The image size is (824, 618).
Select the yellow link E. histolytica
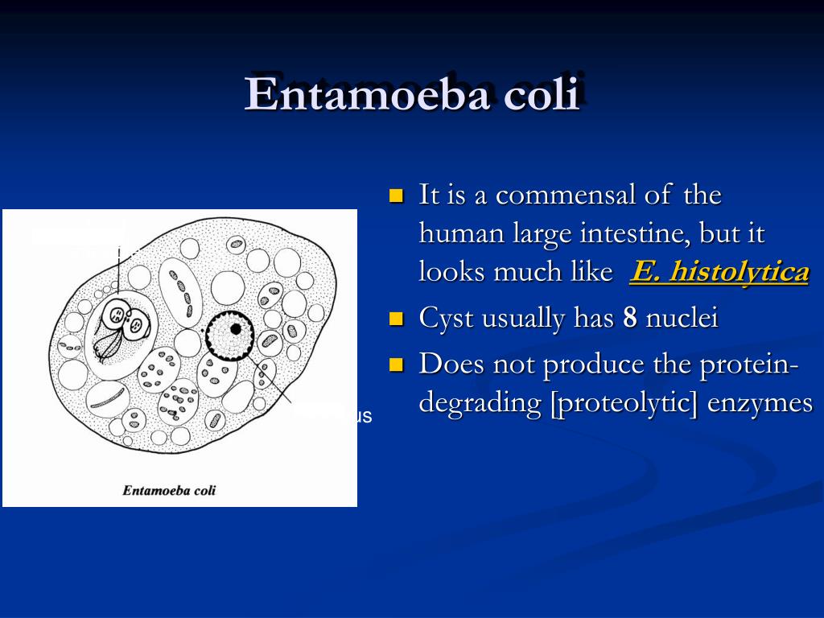click(719, 272)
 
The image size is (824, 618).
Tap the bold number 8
click(630, 318)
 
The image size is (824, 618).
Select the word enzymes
click(760, 402)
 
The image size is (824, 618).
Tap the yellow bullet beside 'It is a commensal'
click(395, 196)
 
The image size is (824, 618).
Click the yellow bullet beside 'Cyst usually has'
click(395, 319)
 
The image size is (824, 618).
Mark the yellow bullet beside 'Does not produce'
click(395, 365)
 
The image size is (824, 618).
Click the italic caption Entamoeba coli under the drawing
click(169, 489)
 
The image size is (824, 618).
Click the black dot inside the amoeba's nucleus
click(236, 328)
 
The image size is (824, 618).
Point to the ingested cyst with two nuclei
click(127, 319)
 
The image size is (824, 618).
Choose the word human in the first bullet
click(462, 234)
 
